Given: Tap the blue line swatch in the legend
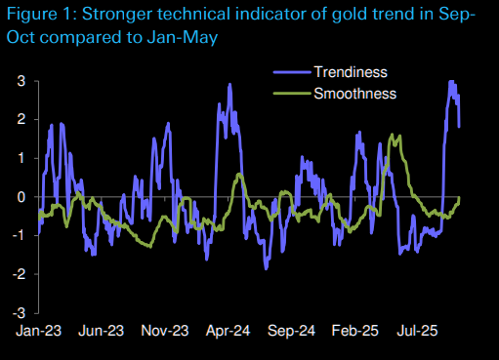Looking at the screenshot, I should pyautogui.click(x=290, y=73).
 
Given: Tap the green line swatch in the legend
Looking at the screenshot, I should pyautogui.click(x=290, y=94).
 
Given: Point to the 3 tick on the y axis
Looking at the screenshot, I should pyautogui.click(x=21, y=80).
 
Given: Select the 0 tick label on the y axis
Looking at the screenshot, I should pyautogui.click(x=21, y=197).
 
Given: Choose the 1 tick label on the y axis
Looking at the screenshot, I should pyautogui.click(x=21, y=158).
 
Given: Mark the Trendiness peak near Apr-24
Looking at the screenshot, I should pyautogui.click(x=229, y=85).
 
